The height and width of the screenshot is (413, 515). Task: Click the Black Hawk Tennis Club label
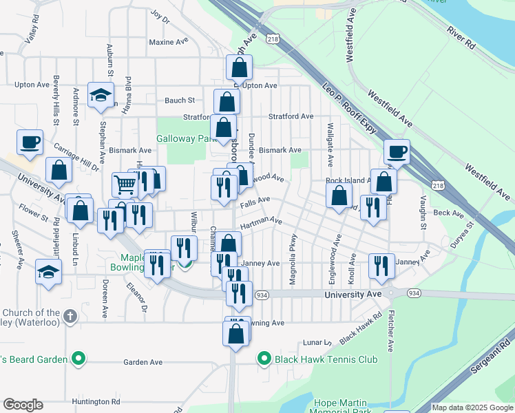[x=326, y=359]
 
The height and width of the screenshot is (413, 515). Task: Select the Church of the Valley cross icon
[x=70, y=316]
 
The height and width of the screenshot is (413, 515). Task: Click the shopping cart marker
[x=125, y=184]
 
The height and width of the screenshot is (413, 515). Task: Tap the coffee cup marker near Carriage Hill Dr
[x=30, y=142]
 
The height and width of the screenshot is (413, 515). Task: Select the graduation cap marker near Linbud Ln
[x=48, y=272]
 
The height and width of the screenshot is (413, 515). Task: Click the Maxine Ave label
[x=169, y=42]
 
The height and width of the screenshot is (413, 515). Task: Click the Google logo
[x=23, y=405]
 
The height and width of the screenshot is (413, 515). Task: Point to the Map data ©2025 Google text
[x=472, y=407]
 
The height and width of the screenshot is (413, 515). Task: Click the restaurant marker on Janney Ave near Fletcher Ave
[x=381, y=266]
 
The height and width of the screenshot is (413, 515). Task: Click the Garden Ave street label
[x=143, y=362]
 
